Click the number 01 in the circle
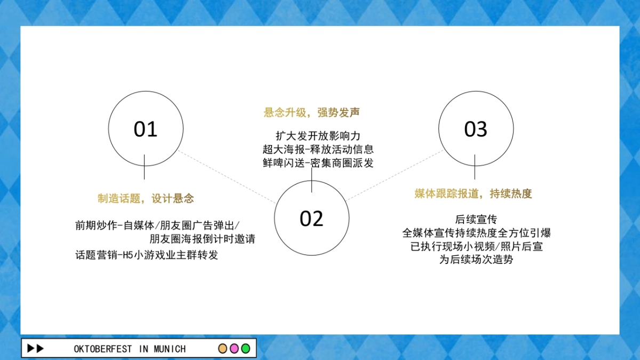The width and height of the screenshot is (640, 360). tap(146, 130)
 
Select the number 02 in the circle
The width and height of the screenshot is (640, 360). tap(311, 219)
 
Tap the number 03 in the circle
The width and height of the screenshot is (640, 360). tap(476, 130)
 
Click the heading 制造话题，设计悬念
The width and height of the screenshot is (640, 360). tap(146, 199)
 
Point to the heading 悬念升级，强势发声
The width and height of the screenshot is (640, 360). tap(311, 113)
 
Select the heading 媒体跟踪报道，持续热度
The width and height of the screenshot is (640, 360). tap(473, 194)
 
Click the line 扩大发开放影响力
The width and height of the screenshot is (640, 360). tap(318, 136)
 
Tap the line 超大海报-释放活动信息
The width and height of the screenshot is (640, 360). tap(318, 149)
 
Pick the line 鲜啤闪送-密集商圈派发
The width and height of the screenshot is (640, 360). tap(318, 163)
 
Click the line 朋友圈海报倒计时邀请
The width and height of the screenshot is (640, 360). tap(202, 239)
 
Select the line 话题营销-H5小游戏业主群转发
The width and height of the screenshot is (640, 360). tap(147, 255)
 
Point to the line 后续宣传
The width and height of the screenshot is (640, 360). tap(476, 219)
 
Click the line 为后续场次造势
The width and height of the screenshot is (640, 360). tap(476, 260)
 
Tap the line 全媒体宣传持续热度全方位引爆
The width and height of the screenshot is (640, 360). tap(476, 233)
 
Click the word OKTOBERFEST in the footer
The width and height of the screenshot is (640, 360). tap(103, 349)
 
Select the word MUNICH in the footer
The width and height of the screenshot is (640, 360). tap(170, 349)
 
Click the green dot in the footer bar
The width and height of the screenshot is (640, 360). tap(245, 349)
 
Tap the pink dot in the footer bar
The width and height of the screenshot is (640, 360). tap(234, 349)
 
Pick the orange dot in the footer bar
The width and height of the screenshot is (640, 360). tap(223, 349)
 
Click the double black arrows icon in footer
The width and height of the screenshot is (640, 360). tap(35, 349)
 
